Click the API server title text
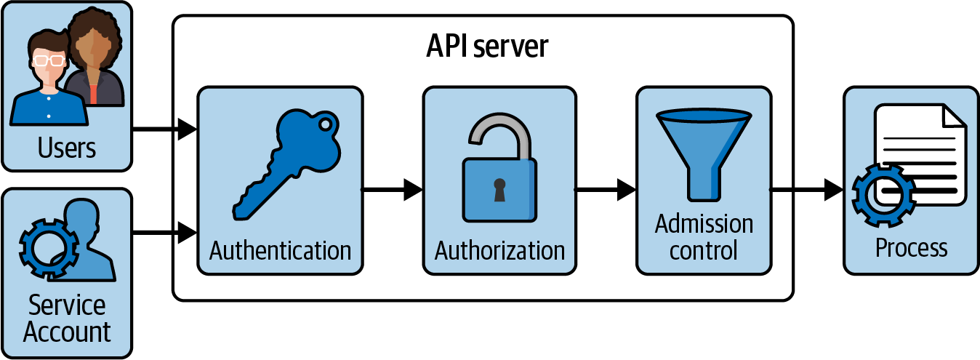coord(486,47)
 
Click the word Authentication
coord(280,251)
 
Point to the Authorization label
coord(499,251)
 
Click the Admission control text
coord(703,237)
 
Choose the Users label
coord(67,148)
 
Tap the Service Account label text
coord(67,319)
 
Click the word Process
coord(911,248)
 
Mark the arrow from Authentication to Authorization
coord(392,190)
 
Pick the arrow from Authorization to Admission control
coord(605,190)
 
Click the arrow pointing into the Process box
coord(806,191)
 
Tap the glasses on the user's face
coord(47,61)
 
